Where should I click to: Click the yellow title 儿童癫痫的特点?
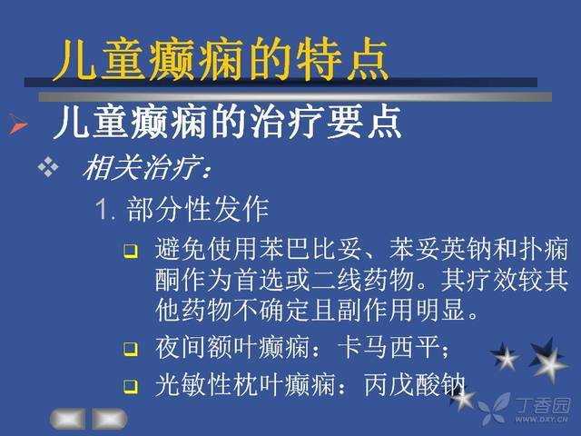[x=220, y=59]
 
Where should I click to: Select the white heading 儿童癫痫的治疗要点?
[x=227, y=121]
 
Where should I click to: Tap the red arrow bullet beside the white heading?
[x=18, y=124]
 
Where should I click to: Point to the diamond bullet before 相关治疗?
[x=48, y=167]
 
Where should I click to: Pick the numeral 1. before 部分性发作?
[x=105, y=209]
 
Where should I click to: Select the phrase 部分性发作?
[x=198, y=209]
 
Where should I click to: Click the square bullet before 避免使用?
[x=131, y=251]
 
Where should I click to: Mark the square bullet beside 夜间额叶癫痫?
[x=131, y=349]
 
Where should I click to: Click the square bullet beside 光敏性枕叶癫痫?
[x=131, y=386]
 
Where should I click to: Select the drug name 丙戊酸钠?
[x=414, y=384]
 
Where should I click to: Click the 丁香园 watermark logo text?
[x=543, y=406]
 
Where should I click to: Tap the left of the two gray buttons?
[x=68, y=420]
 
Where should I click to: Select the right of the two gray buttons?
[x=109, y=420]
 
